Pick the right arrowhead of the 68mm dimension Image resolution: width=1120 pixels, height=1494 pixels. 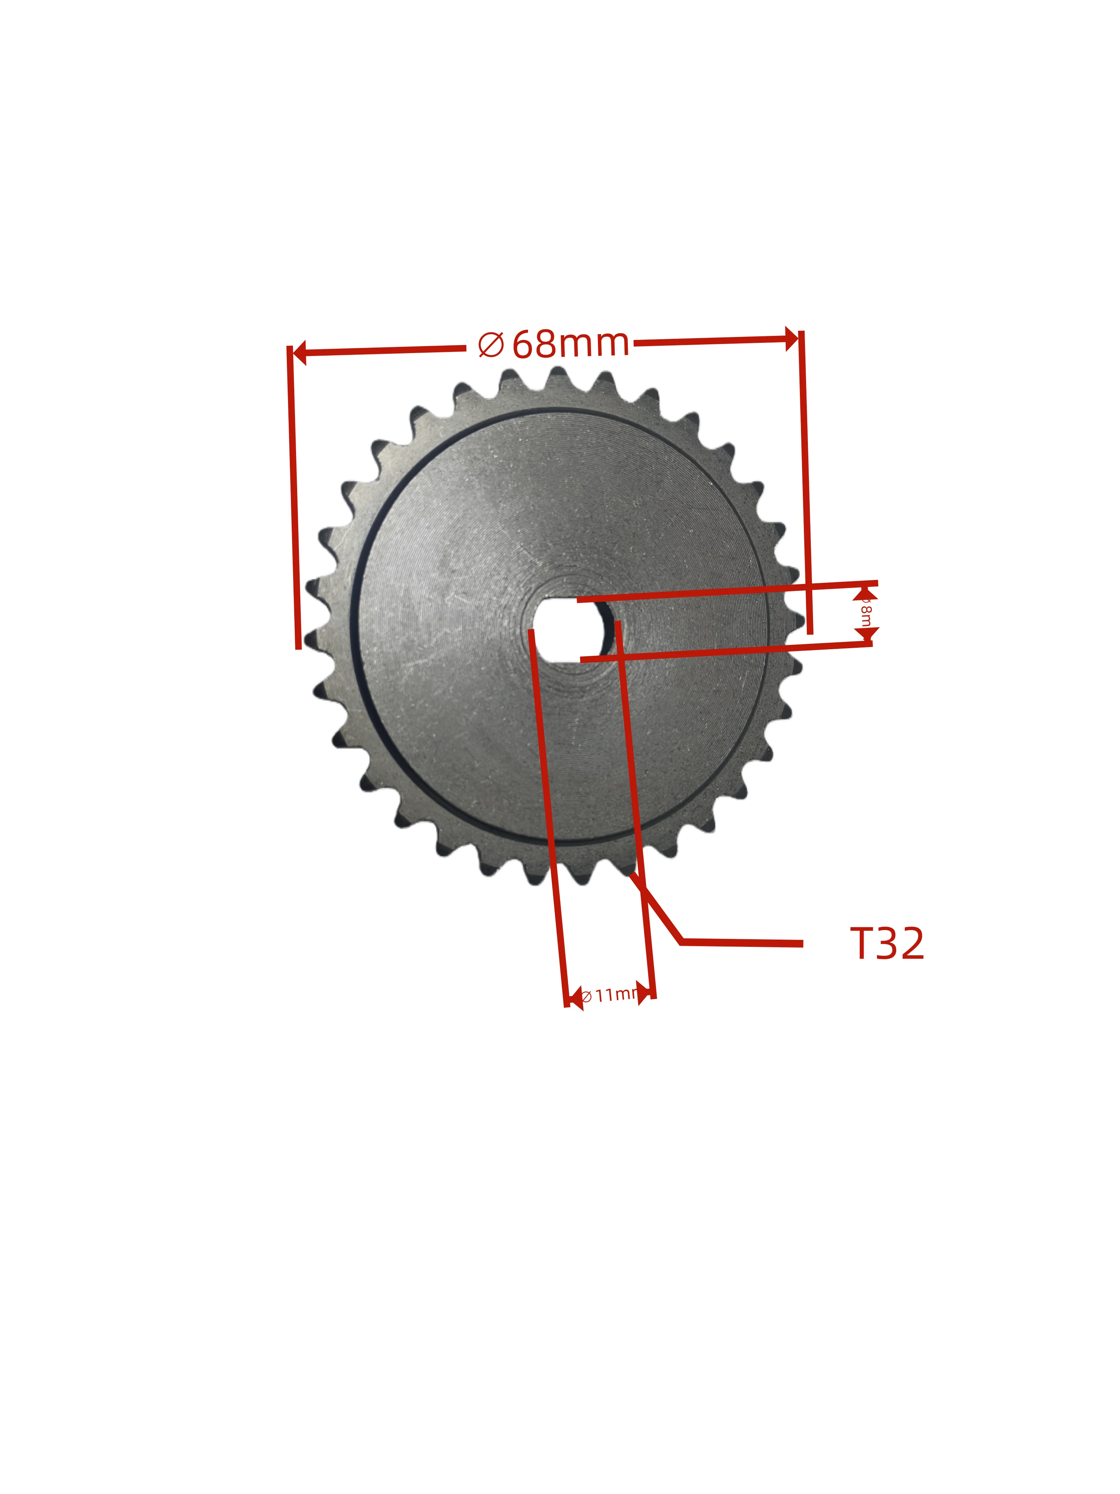tap(791, 339)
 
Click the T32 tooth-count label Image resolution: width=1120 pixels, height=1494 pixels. tap(886, 944)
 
